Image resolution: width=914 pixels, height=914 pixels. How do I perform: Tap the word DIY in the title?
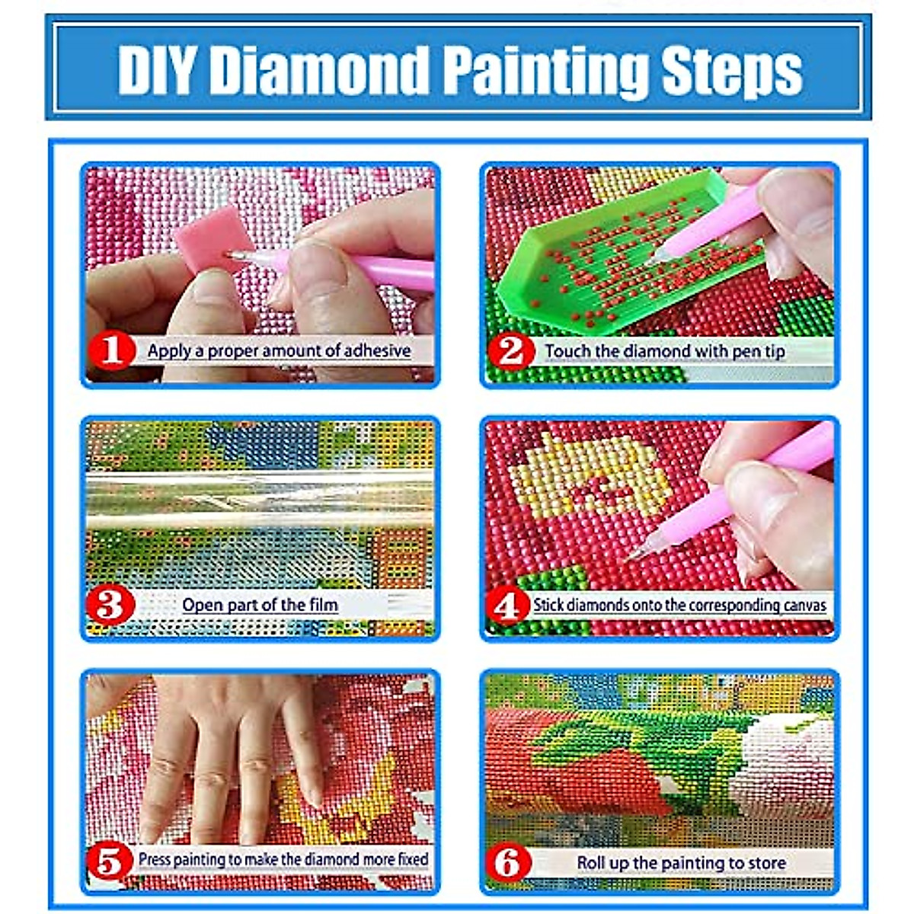(158, 70)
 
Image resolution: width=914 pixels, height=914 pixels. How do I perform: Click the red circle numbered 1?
(112, 351)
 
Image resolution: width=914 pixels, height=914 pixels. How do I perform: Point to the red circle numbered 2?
(511, 351)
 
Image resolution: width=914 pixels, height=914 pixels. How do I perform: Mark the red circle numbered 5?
(110, 861)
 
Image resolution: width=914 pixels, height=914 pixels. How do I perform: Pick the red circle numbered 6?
(508, 863)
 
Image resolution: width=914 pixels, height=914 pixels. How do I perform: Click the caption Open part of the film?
(260, 606)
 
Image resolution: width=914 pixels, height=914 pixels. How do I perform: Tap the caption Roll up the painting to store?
(681, 863)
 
